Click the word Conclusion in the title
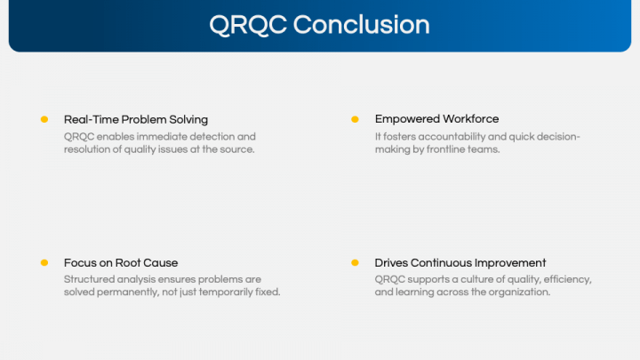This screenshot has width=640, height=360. tap(361, 24)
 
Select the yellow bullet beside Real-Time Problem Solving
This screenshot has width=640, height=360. tap(44, 119)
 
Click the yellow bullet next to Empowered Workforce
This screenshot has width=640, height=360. tap(355, 119)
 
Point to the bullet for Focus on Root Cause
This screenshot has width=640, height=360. tap(44, 263)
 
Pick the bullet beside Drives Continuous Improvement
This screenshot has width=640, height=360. tap(355, 263)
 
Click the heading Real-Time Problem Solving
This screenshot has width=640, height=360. tap(136, 119)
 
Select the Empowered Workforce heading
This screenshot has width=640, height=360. tap(436, 119)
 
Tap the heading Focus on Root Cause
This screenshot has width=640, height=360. tap(121, 263)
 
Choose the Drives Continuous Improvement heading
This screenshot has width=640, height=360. tap(460, 263)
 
